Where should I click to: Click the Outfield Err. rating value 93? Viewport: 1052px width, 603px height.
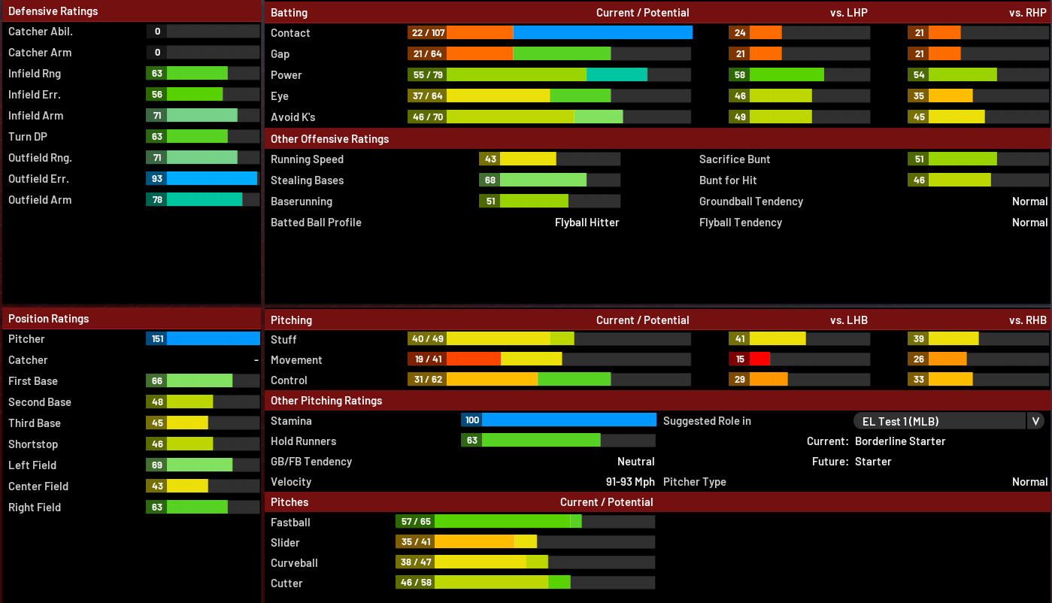(157, 179)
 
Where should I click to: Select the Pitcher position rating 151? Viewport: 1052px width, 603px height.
(157, 339)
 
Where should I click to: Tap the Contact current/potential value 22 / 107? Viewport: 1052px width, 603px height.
(428, 33)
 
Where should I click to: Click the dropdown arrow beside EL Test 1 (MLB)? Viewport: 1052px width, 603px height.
(1035, 421)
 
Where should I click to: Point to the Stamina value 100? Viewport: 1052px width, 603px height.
(472, 420)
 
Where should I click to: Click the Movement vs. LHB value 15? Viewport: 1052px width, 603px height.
(740, 359)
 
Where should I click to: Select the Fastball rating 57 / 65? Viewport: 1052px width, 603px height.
(416, 522)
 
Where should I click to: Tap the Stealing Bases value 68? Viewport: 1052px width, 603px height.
(490, 180)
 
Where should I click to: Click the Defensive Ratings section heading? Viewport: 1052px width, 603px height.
(53, 11)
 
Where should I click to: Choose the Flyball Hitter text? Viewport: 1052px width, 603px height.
(587, 223)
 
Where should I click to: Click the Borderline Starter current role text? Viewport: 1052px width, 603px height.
(900, 441)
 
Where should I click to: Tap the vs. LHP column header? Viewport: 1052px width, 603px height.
(848, 13)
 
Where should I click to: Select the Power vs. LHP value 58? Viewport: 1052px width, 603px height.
(740, 75)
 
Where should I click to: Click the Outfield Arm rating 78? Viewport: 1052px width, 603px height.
(157, 200)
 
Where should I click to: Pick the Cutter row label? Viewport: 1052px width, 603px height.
(286, 583)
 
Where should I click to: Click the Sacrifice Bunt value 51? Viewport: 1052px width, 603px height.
(919, 159)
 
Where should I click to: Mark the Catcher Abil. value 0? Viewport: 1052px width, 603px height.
(157, 32)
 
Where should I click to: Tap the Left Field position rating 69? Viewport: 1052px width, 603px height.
(157, 465)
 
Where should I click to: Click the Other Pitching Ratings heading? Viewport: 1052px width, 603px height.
(326, 401)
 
